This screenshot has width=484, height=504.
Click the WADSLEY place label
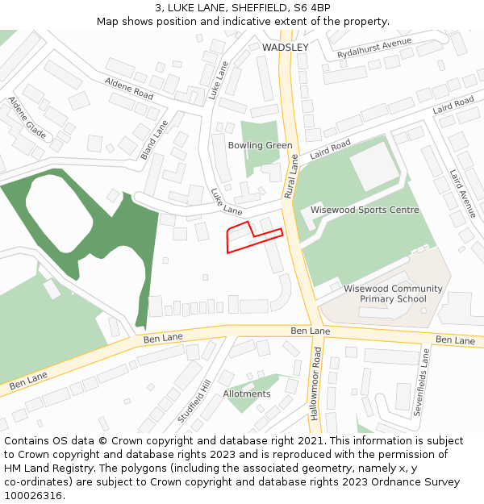click(x=285, y=48)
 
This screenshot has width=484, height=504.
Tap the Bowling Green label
click(x=260, y=145)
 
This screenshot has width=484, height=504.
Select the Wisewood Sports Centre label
click(x=365, y=210)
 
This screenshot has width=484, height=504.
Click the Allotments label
click(x=247, y=394)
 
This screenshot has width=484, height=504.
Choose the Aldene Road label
click(x=129, y=89)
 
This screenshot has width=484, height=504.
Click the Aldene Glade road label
click(x=26, y=117)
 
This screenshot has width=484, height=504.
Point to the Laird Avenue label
click(x=463, y=194)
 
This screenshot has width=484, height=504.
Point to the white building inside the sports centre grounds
click(x=374, y=166)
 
